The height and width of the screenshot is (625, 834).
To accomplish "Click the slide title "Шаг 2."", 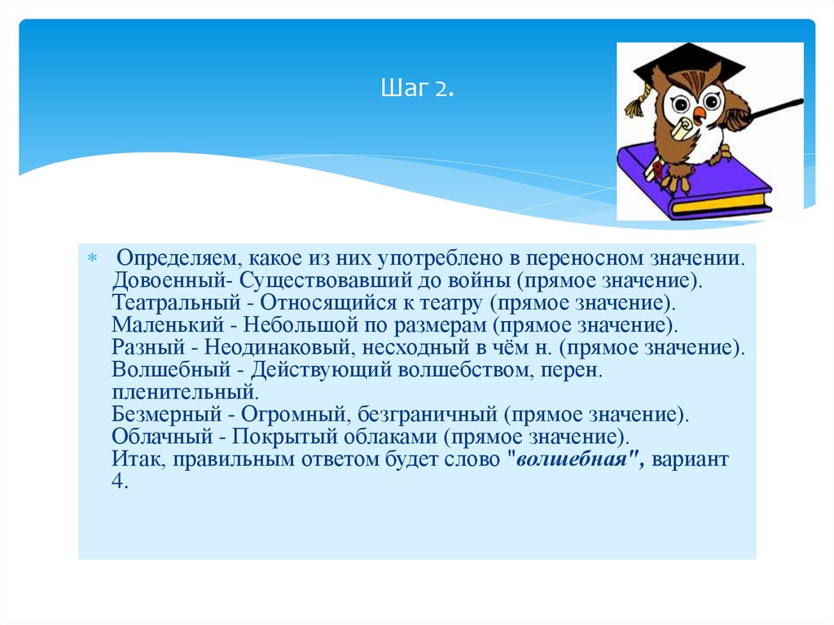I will tap(417, 88).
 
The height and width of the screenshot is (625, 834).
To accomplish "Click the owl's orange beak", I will tap(699, 112).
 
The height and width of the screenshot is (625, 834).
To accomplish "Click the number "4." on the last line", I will tap(120, 481).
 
